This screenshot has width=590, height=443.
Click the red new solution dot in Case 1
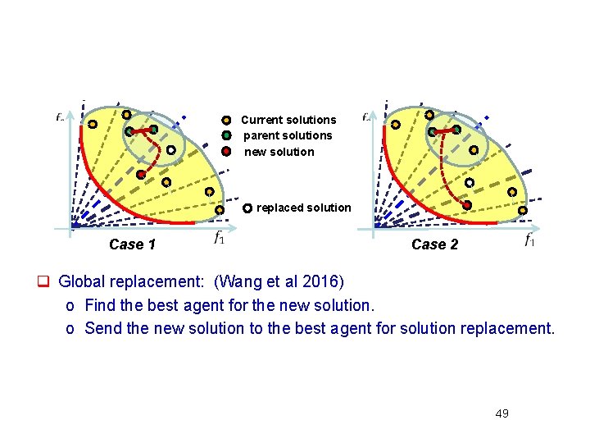pos(140,175)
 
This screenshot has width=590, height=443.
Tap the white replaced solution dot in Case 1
pos(170,150)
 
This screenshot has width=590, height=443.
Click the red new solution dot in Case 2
pos(466,204)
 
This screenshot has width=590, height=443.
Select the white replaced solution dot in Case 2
pos(470,183)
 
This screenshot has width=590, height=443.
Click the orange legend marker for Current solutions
pos(227,120)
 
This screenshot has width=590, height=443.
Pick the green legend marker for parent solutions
pos(227,135)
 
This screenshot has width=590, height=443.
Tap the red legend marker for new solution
pos(227,152)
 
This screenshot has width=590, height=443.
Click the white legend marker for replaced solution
pos(247,208)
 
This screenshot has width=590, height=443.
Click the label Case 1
pos(132,244)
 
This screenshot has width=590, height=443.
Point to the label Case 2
pos(434,244)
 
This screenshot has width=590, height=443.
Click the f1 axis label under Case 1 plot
pos(220,239)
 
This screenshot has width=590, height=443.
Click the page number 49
pos(501,413)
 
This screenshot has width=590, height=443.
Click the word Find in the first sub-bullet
pos(99,305)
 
